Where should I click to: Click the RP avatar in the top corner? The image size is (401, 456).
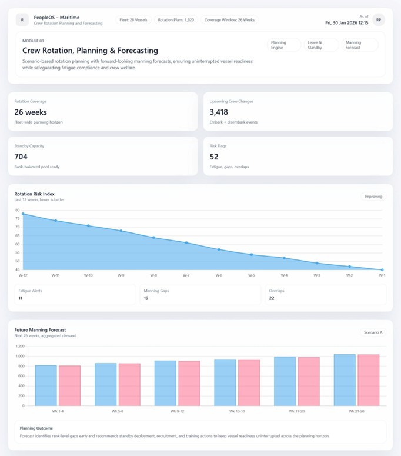pyautogui.click(x=379, y=20)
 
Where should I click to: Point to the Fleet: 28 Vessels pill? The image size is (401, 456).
pyautogui.click(x=132, y=20)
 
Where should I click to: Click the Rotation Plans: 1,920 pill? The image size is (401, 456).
pyautogui.click(x=176, y=20)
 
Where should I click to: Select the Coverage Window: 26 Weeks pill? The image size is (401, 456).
pyautogui.click(x=229, y=20)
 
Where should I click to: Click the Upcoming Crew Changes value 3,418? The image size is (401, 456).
pyautogui.click(x=219, y=112)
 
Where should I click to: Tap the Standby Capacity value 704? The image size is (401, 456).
pyautogui.click(x=21, y=157)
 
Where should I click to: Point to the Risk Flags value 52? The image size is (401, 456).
pyautogui.click(x=214, y=157)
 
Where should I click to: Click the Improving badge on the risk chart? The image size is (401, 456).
pyautogui.click(x=373, y=197)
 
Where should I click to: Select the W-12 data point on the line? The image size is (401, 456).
pyautogui.click(x=23, y=214)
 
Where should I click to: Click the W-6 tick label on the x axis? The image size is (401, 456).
pyautogui.click(x=219, y=275)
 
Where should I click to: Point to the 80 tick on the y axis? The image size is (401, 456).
pyautogui.click(x=17, y=210)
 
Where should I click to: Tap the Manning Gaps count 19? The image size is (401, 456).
pyautogui.click(x=146, y=298)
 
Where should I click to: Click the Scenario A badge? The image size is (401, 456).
pyautogui.click(x=373, y=332)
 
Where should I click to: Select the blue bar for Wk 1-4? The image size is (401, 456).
pyautogui.click(x=46, y=385)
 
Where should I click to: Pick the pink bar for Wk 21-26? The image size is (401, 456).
pyautogui.click(x=368, y=380)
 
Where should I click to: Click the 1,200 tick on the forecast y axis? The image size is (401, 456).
pyautogui.click(x=19, y=346)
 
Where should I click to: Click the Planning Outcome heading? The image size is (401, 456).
pyautogui.click(x=36, y=428)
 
